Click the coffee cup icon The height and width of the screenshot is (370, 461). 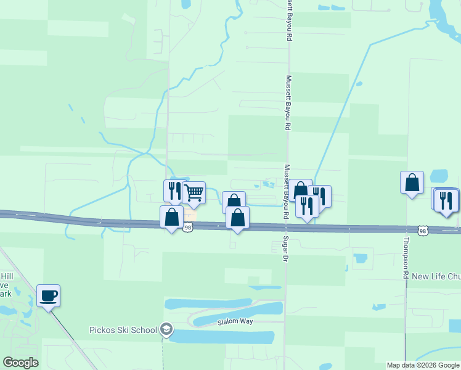pos(48,295)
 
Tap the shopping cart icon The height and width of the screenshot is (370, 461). pos(194,192)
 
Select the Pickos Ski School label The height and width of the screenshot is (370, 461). pos(123,330)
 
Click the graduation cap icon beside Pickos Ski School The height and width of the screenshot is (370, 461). pos(166,330)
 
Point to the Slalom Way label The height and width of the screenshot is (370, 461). pos(235,323)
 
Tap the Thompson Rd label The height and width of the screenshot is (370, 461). pos(406,259)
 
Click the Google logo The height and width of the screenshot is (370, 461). pos(21,363)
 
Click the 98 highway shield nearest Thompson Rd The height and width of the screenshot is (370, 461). pos(422,231)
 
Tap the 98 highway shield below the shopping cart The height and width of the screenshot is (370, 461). pos(187,228)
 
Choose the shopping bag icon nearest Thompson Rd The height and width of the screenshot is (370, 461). pos(412,182)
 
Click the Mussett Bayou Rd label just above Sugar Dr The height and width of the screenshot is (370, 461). pos(286,192)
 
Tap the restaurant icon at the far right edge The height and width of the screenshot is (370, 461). pos(447,200)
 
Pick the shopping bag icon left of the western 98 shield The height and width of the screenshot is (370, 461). pos(171,216)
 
